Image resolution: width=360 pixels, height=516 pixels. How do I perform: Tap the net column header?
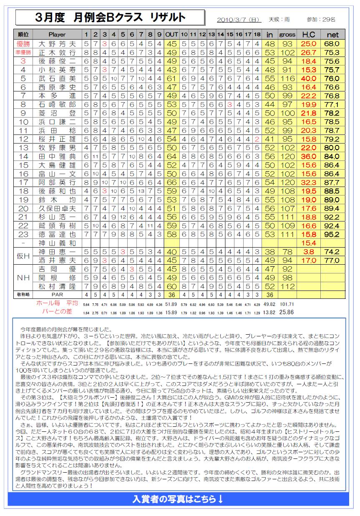tap(332, 34)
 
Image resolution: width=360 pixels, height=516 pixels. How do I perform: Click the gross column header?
tap(287, 34)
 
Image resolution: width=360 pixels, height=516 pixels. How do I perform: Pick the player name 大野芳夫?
tap(57, 43)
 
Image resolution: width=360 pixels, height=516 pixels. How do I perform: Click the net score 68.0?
tap(332, 43)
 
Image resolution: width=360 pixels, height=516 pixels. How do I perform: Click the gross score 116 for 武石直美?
tap(287, 78)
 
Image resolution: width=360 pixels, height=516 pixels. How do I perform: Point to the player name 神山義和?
tap(57, 243)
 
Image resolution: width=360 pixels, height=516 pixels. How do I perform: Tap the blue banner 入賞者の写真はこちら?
tap(178, 499)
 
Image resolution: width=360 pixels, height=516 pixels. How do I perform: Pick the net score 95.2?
tap(332, 234)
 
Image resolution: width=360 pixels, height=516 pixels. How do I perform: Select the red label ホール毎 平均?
tap(57, 304)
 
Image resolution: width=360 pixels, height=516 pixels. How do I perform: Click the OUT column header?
tap(171, 34)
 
